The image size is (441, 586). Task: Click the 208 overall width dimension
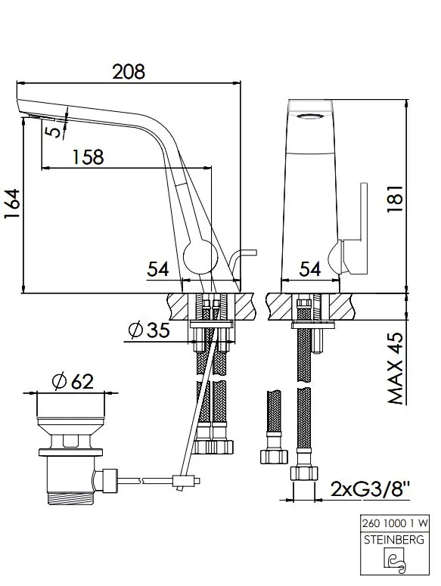(x=129, y=71)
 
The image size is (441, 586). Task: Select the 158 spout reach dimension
(x=88, y=157)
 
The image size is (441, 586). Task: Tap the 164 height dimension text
(x=12, y=205)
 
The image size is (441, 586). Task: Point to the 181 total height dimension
(x=395, y=198)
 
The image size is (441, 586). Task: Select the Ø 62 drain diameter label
(x=73, y=381)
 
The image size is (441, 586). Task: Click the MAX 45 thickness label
(x=396, y=368)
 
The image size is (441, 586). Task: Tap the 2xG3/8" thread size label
(x=371, y=488)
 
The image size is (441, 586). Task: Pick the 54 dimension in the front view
(x=310, y=268)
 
